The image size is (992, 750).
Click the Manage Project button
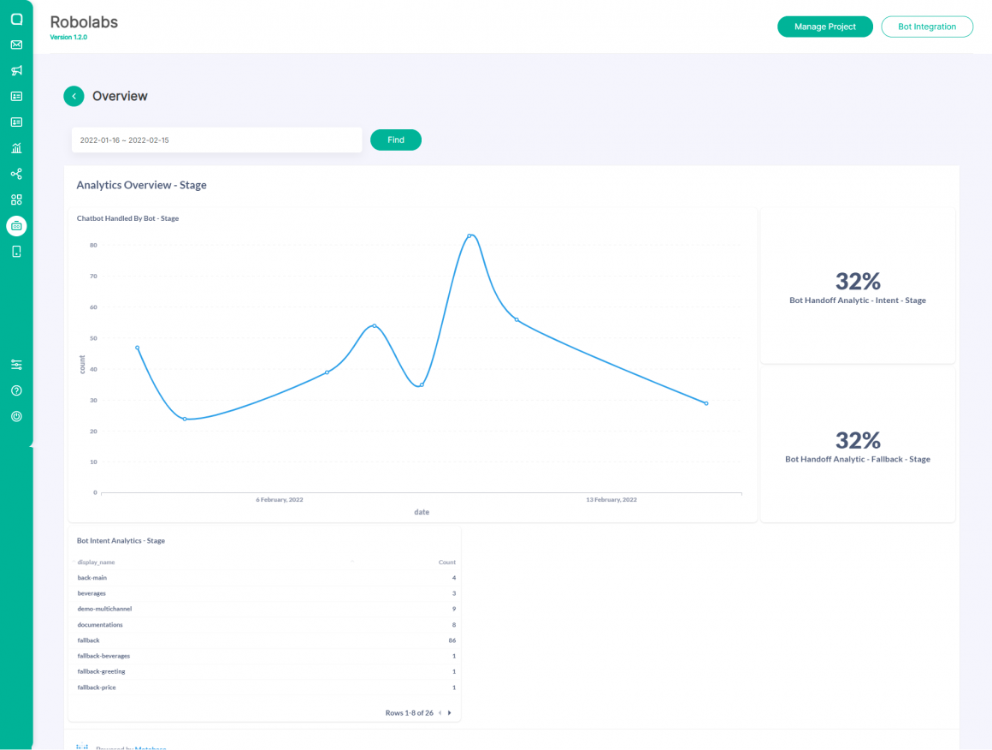824,27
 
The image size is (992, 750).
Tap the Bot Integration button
927,27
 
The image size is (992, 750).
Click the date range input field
216,140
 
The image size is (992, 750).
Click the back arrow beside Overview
74,96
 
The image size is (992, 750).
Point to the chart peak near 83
469,235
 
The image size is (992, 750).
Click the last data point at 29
706,403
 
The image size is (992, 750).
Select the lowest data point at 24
185,419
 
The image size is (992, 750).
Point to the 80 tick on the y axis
93,245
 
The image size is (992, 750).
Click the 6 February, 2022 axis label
280,499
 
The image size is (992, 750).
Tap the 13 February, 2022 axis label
611,499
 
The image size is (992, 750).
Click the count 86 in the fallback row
452,640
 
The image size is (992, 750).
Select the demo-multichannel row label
104,609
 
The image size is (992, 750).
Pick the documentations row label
100,625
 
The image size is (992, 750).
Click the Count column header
447,562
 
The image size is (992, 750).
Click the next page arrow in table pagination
450,712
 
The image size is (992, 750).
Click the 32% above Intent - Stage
858,281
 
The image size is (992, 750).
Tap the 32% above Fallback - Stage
858,440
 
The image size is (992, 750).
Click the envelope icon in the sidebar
16,45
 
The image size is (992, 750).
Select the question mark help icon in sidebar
16,390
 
